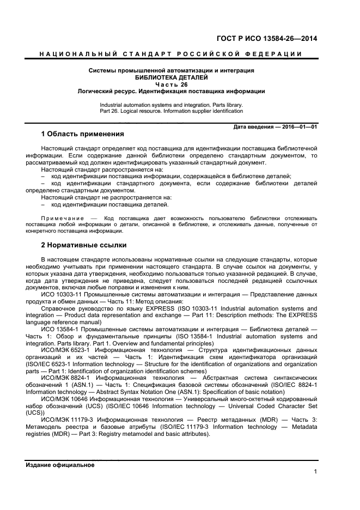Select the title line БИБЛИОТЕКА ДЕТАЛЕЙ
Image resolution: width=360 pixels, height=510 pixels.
pyautogui.click(x=172, y=77)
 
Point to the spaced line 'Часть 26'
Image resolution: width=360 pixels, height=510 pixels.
pyautogui.click(x=172, y=84)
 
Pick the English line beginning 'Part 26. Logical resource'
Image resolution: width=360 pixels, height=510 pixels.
pyautogui.click(x=171, y=111)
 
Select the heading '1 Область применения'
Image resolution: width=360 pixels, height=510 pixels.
pyautogui.click(x=82, y=134)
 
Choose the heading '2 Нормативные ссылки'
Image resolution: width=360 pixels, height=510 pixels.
pyautogui.click(x=83, y=245)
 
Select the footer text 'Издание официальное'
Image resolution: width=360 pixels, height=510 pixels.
pyautogui.click(x=60, y=465)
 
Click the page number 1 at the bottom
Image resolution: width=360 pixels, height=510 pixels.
pyautogui.click(x=315, y=471)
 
